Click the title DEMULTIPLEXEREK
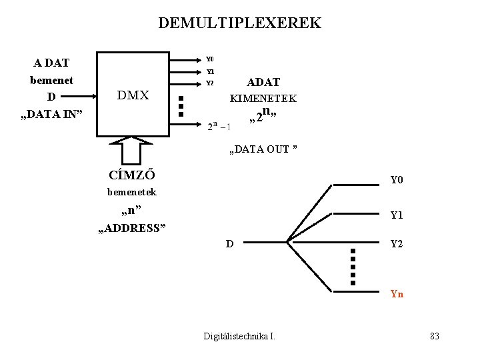(x=239, y=23)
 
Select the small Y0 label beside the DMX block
(x=209, y=59)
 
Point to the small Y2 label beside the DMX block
(x=209, y=83)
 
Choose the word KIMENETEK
(x=263, y=98)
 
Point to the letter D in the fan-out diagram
(x=229, y=243)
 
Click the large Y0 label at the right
(x=397, y=180)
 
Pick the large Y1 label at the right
(x=397, y=215)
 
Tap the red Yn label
(x=397, y=293)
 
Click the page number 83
(x=435, y=335)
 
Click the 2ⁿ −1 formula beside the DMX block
(x=219, y=126)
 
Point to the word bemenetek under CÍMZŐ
(x=132, y=192)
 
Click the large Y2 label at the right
(x=397, y=244)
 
